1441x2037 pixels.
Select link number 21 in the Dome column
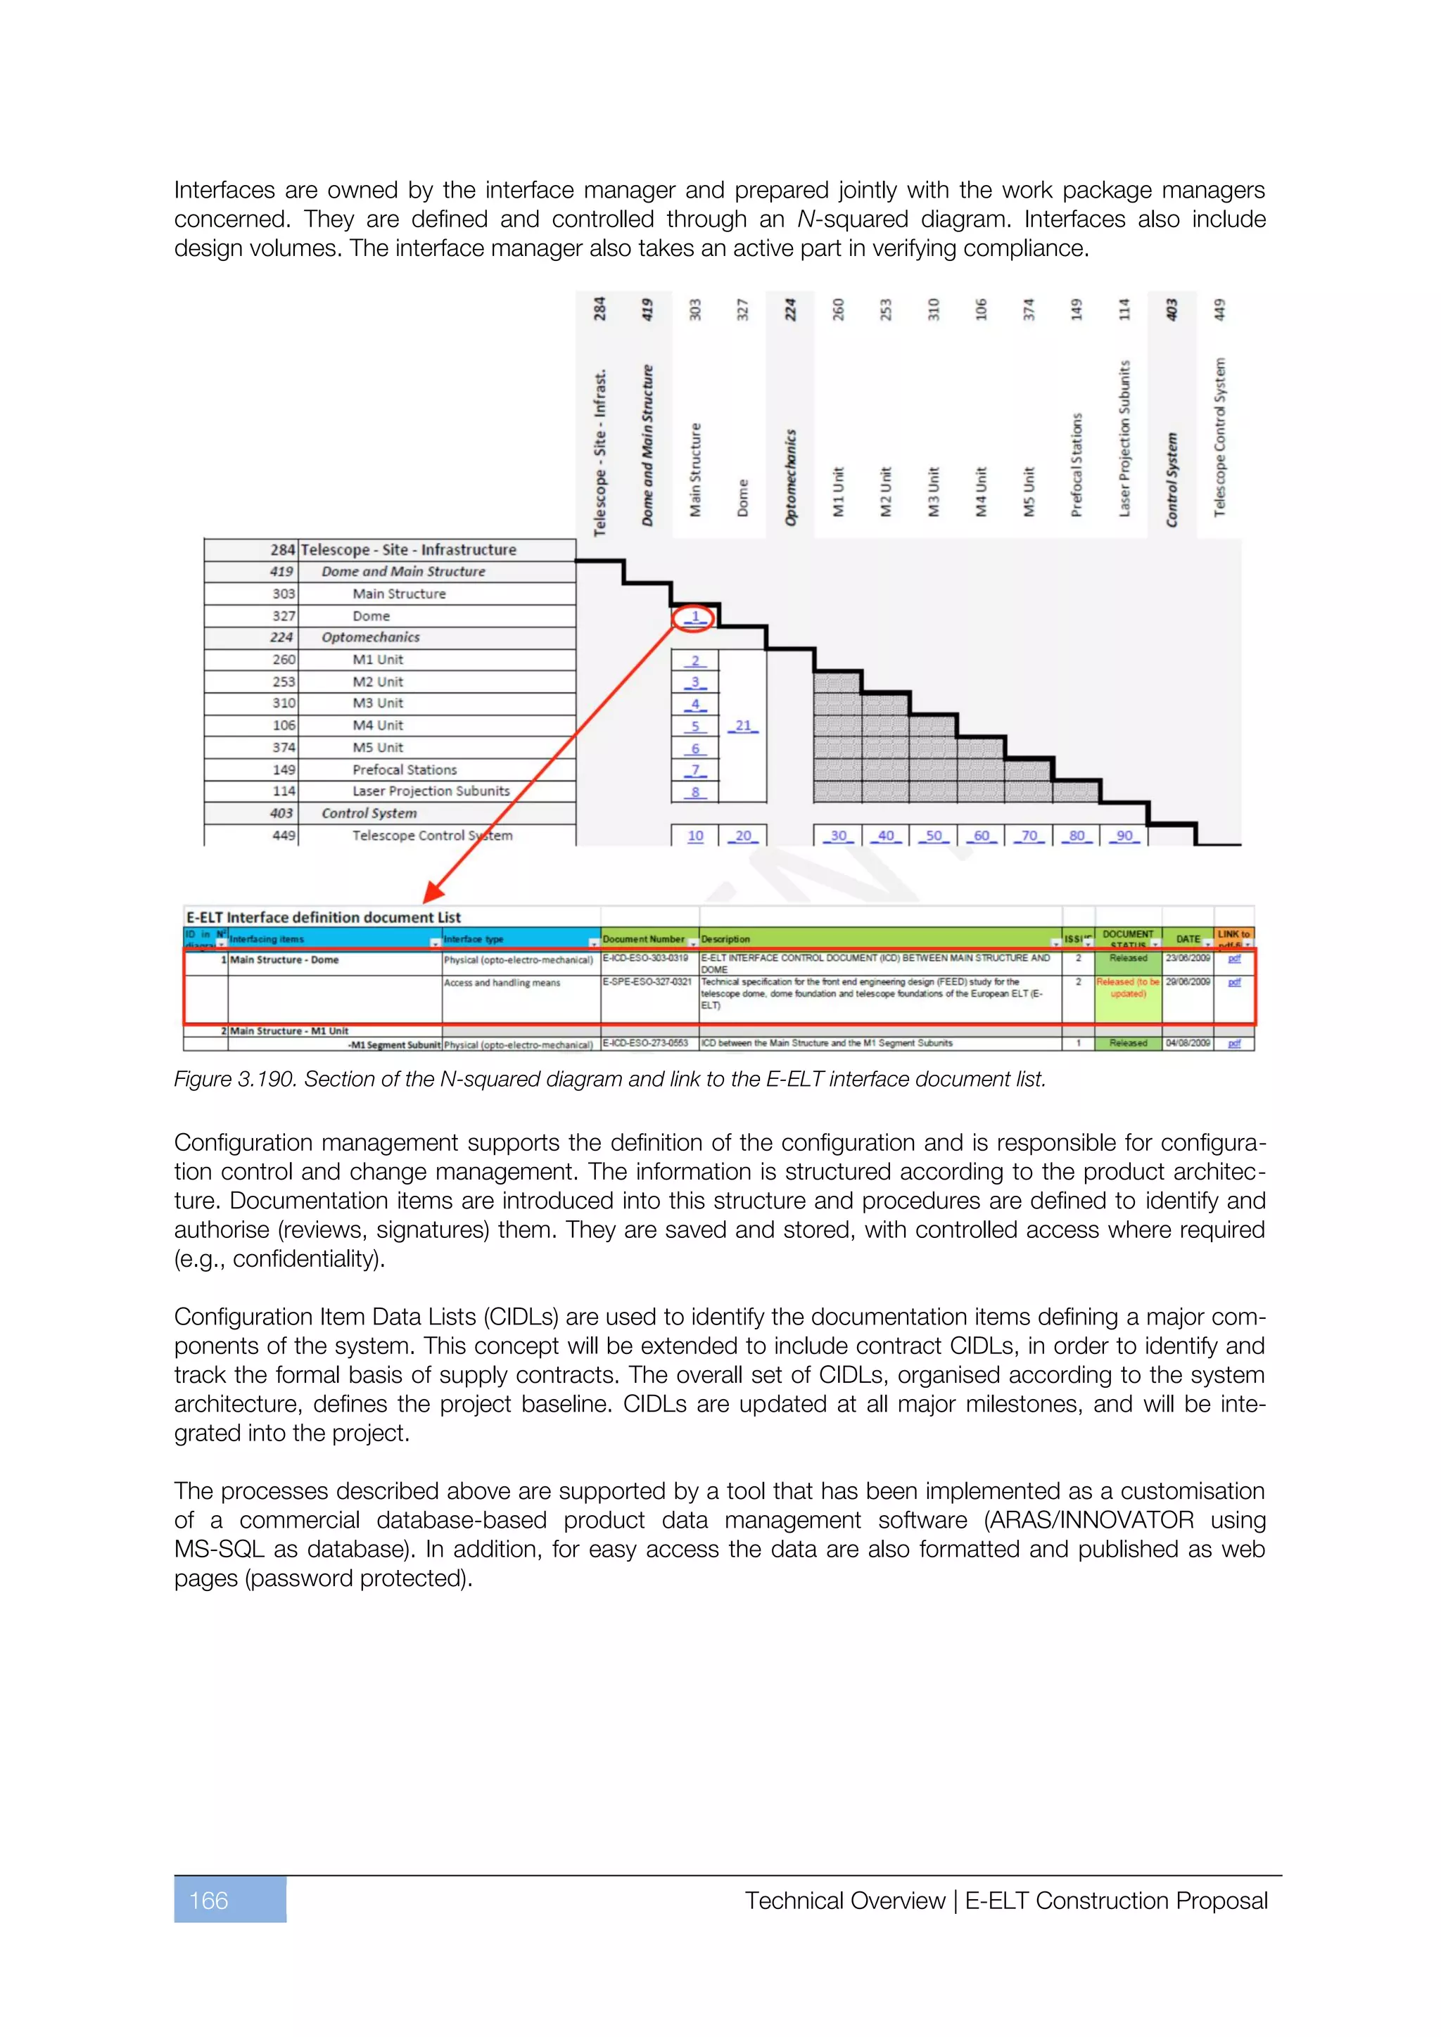tap(743, 726)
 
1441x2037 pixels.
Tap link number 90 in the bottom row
tap(1124, 836)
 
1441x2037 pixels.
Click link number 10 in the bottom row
tap(694, 836)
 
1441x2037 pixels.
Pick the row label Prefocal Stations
tap(405, 770)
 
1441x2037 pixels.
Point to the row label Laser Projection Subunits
tap(431, 791)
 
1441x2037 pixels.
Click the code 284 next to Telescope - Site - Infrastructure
tap(282, 549)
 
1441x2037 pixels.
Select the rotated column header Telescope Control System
tap(1219, 437)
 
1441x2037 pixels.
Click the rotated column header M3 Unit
tap(934, 492)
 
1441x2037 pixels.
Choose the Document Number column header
tap(643, 938)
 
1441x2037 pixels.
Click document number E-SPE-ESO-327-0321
tap(647, 981)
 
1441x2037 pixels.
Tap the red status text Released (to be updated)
tap(1128, 988)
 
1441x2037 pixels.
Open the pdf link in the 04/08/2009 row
tap(1233, 1043)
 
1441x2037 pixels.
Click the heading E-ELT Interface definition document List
tap(323, 917)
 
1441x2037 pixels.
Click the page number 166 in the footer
tap(210, 1901)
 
